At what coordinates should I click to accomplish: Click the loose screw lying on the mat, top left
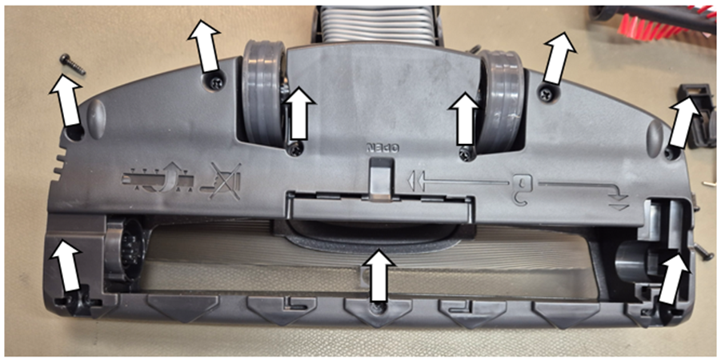point(72,64)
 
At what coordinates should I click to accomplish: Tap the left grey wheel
point(263,98)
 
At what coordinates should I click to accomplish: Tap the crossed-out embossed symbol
point(225,181)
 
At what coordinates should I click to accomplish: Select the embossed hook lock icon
point(523,186)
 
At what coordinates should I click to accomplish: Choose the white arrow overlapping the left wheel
point(300,113)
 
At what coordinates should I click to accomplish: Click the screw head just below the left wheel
point(295,148)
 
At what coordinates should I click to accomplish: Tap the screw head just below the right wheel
point(467,152)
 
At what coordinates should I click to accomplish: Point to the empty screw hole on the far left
point(75,133)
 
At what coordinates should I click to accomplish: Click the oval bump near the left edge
point(97,119)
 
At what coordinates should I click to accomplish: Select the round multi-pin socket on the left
point(123,248)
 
